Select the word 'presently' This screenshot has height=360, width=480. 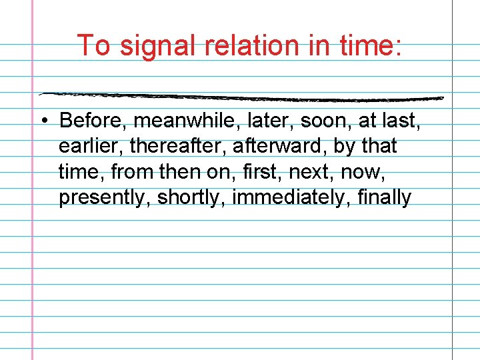(x=105, y=198)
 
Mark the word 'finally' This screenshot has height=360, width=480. (x=385, y=198)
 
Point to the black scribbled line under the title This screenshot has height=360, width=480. (x=240, y=97)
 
